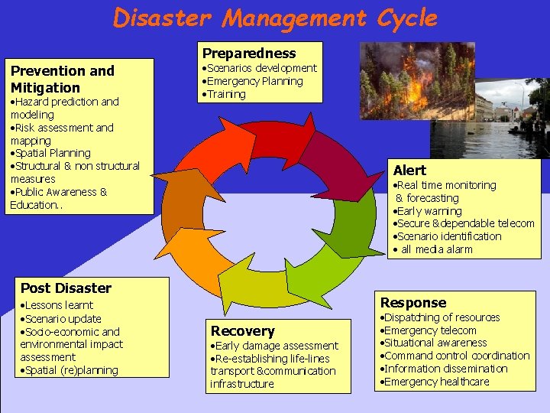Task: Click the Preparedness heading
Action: point(248,53)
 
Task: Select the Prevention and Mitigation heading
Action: point(62,79)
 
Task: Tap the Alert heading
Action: point(409,170)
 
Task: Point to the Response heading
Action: point(412,302)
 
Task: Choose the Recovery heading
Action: point(242,330)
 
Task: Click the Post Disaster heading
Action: point(66,288)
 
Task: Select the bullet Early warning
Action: point(429,210)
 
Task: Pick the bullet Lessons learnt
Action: point(58,304)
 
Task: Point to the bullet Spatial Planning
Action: point(52,153)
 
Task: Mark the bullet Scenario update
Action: point(62,318)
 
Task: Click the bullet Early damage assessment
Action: point(275,346)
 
